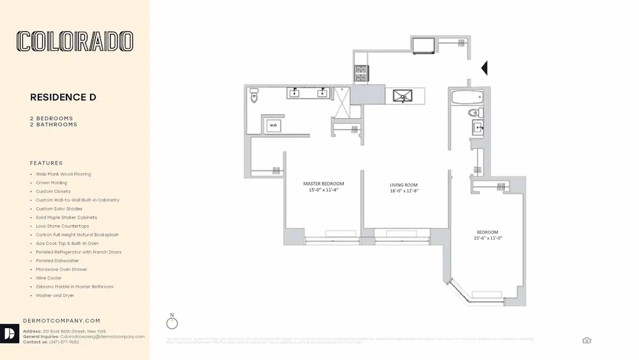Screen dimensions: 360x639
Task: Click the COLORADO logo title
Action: point(75,42)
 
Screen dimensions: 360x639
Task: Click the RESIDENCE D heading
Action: point(63,97)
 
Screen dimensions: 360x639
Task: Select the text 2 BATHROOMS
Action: point(54,125)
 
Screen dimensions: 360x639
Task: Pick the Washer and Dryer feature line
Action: point(55,295)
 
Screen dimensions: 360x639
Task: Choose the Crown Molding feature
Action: point(51,183)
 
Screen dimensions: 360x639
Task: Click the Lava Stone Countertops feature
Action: point(62,226)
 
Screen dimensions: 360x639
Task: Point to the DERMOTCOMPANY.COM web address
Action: point(61,320)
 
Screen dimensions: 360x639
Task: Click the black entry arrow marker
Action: point(484,67)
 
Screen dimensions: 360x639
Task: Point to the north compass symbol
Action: point(172,323)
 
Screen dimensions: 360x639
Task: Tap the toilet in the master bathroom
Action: point(254,95)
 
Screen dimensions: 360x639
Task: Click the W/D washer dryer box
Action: point(274,125)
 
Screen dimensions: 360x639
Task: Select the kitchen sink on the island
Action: point(403,97)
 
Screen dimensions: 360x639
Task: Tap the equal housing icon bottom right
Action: point(587,340)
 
